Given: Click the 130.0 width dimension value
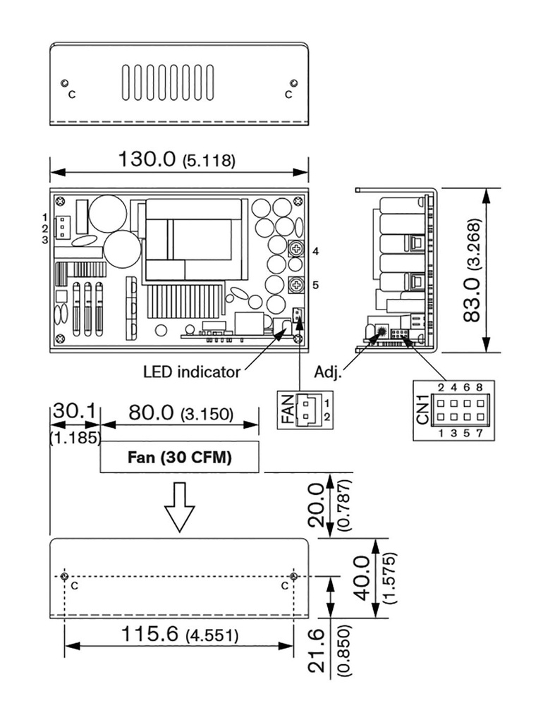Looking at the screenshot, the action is coord(147,159).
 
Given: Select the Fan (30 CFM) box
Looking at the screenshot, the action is coord(180,457).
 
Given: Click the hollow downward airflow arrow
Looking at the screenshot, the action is coord(179,507).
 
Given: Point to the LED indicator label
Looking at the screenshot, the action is coord(192,372).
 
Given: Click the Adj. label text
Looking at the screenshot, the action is coord(328,372).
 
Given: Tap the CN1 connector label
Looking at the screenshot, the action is coord(422,410).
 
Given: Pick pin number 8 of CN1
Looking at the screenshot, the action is coord(480,387).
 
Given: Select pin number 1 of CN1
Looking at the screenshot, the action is coord(441,433).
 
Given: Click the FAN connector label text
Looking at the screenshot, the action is coord(286,410).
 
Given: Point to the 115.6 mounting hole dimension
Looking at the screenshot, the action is coord(150,634).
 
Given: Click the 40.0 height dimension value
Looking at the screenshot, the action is coord(363,578).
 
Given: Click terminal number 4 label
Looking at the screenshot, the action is coord(315,252).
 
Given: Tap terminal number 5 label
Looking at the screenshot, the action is coord(315,286).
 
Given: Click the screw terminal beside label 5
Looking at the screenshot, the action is coord(295,285).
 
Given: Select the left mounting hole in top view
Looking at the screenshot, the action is coord(64,83).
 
